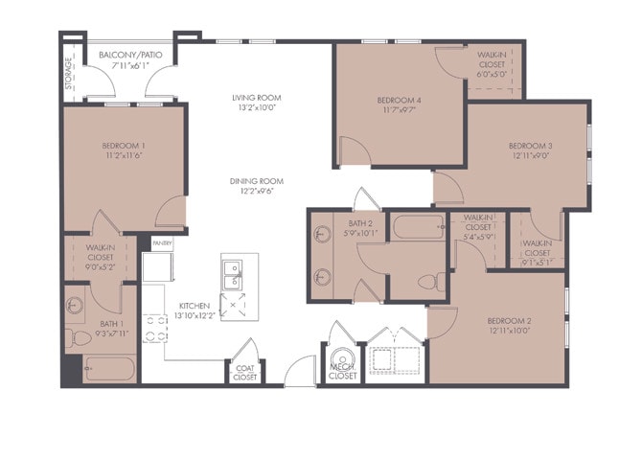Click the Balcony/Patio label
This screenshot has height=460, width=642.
point(130,56)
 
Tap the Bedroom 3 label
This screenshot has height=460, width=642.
point(530,146)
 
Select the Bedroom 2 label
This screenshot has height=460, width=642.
point(509,320)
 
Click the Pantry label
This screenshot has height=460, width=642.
point(162,244)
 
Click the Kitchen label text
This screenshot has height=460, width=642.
point(193,306)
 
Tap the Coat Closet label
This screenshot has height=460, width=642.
point(244,371)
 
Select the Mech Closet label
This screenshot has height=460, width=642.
point(342,371)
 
